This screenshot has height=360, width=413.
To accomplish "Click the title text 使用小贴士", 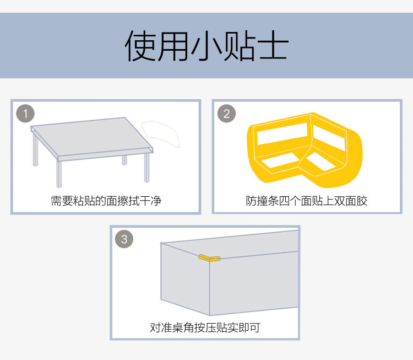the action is [x=206, y=46].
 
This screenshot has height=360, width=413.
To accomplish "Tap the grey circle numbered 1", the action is [x=25, y=114].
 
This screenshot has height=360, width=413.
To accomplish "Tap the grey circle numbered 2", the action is [x=226, y=114].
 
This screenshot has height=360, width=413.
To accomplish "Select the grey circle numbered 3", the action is [x=124, y=239].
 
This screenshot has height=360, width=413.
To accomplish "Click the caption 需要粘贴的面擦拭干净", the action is [x=106, y=201].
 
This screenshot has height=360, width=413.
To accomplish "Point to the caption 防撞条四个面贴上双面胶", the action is [x=307, y=201].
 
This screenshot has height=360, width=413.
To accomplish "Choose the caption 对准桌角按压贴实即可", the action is [x=205, y=328].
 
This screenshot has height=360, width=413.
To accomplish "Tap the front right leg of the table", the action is [x=146, y=167].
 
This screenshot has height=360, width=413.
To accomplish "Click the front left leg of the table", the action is [x=59, y=174].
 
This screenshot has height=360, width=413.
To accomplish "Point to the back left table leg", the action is [x=35, y=151].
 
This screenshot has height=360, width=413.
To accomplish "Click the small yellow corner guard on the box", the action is [x=209, y=257].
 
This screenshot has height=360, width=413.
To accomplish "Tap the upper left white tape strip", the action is [x=282, y=134].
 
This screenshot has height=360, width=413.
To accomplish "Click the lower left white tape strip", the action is [x=280, y=160].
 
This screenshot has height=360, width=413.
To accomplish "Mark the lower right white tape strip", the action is [x=320, y=162].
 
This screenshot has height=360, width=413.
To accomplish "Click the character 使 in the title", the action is [x=140, y=46].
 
